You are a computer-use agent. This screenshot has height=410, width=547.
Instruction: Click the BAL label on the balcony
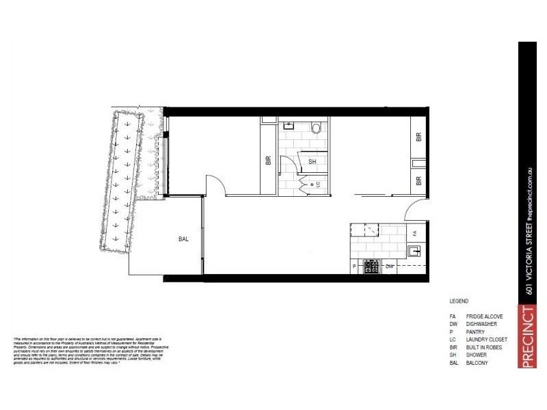[x=183, y=239]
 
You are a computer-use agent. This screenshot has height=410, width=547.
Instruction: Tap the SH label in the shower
[x=312, y=162]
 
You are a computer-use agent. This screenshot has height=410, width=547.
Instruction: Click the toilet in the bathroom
[x=316, y=127]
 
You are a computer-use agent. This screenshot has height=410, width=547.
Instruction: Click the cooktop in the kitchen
[x=372, y=266]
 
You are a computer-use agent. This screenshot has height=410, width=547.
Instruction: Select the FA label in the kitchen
[x=414, y=234]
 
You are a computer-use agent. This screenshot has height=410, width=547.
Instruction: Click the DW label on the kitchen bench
[x=390, y=266]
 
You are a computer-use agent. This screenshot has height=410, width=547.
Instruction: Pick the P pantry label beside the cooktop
[x=354, y=266]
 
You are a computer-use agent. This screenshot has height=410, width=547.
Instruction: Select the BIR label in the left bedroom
[x=268, y=162]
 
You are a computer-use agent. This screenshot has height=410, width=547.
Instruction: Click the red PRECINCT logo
[x=527, y=338]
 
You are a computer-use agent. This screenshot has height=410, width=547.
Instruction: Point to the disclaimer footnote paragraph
[x=89, y=351]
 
